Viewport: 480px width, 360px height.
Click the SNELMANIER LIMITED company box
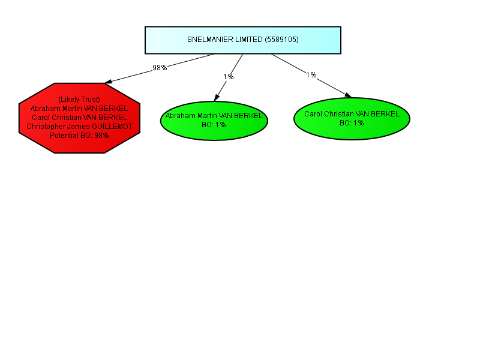click(x=243, y=40)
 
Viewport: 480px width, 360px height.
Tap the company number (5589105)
click(x=281, y=40)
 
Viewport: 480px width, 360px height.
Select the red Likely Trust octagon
click(x=79, y=118)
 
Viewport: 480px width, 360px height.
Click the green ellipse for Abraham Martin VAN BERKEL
click(x=214, y=121)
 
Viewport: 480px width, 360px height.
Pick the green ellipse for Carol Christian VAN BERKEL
click(x=352, y=119)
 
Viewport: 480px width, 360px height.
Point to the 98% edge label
click(x=160, y=68)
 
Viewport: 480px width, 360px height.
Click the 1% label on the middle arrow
click(x=229, y=77)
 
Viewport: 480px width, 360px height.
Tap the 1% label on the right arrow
click(x=311, y=74)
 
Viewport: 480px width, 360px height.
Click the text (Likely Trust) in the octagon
click(x=79, y=100)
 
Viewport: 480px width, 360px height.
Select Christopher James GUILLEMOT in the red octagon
click(x=79, y=127)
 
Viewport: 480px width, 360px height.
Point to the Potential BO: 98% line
click(x=79, y=136)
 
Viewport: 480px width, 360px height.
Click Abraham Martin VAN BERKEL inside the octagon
click(x=79, y=109)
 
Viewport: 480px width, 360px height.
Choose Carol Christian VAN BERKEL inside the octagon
click(x=79, y=118)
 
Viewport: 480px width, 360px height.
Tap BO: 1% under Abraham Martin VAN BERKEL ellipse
click(x=214, y=125)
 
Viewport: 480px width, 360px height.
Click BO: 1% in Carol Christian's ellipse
click(x=352, y=123)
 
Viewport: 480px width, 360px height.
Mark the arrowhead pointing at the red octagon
click(x=109, y=82)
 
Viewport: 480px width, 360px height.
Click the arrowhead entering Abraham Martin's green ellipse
click(x=217, y=98)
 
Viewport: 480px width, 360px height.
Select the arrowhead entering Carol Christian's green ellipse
click(x=349, y=95)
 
